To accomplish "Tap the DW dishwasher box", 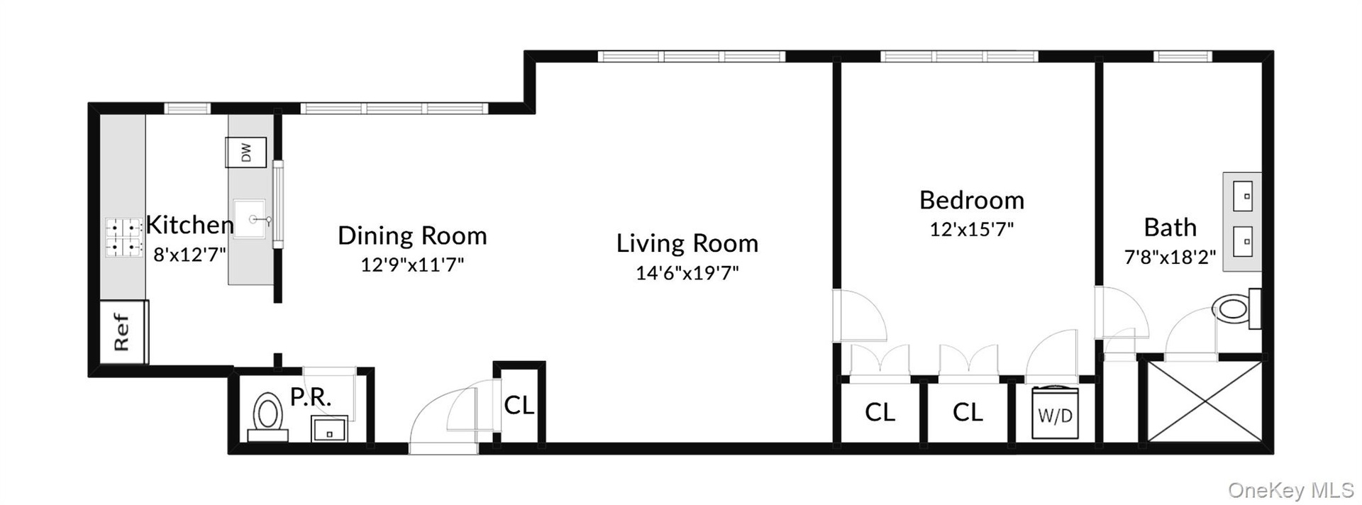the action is (x=245, y=152).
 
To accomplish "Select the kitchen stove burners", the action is (x=123, y=238).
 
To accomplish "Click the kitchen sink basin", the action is (x=250, y=220).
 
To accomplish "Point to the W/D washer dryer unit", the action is (x=1055, y=414).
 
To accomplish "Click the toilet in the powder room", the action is (x=267, y=414).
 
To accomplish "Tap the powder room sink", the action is (x=330, y=428).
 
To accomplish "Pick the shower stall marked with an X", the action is (x=1204, y=401).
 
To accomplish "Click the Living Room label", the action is (x=687, y=243).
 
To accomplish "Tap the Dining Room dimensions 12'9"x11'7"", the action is (x=412, y=265).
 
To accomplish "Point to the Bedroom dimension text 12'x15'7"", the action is (x=972, y=230).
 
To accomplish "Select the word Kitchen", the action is (x=190, y=225).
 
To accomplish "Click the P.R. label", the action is (x=311, y=397).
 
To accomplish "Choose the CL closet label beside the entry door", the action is (x=519, y=405).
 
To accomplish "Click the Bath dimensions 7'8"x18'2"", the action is (x=1170, y=257).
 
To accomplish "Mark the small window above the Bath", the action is (x=1182, y=56).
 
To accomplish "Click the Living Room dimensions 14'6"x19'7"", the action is (x=687, y=273).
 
